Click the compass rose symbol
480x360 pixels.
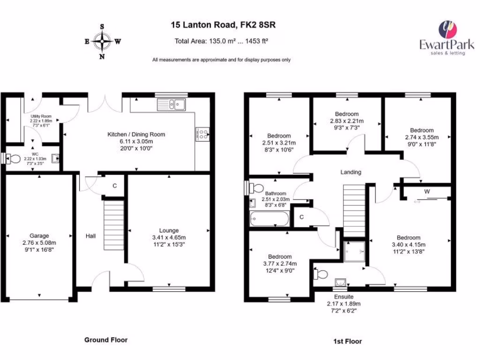coord(102,41)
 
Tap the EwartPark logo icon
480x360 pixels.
coord(446,30)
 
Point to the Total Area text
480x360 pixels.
coord(221,41)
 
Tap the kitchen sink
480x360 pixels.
coord(172,105)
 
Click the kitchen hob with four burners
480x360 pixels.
coord(202,135)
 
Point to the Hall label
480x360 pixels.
coord(90,236)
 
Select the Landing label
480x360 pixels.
coord(351,172)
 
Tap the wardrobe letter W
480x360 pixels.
coord(427,191)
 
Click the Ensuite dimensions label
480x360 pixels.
coord(344,303)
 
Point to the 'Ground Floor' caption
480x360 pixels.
coord(105,340)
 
